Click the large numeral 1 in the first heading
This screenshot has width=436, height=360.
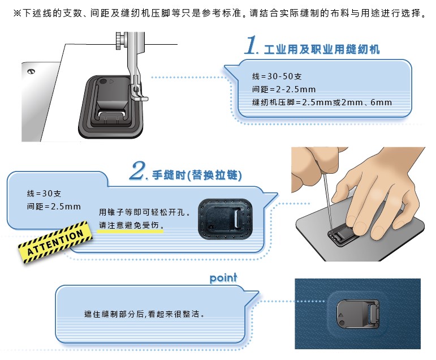(x=252, y=45)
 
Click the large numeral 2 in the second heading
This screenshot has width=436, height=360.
(x=138, y=170)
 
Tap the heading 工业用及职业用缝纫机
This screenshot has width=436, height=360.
(x=322, y=50)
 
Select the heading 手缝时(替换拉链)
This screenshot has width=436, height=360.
(x=197, y=175)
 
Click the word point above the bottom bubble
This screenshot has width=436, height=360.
(x=223, y=278)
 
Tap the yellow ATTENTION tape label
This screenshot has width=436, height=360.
(x=55, y=242)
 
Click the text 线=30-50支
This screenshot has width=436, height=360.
(x=277, y=76)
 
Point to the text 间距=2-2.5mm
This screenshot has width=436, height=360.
(x=284, y=89)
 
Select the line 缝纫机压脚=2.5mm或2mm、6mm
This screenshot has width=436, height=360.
(x=322, y=102)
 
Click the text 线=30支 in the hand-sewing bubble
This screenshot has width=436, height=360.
(x=44, y=194)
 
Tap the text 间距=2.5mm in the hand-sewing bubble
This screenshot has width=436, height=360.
(x=54, y=207)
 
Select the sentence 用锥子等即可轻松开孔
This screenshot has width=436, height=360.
(x=145, y=212)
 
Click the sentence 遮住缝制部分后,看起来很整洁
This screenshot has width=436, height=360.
(x=144, y=314)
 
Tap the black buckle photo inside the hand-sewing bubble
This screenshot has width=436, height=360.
(x=226, y=219)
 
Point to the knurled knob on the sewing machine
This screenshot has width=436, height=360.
(x=119, y=41)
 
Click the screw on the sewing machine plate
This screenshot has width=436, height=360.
(x=31, y=71)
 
